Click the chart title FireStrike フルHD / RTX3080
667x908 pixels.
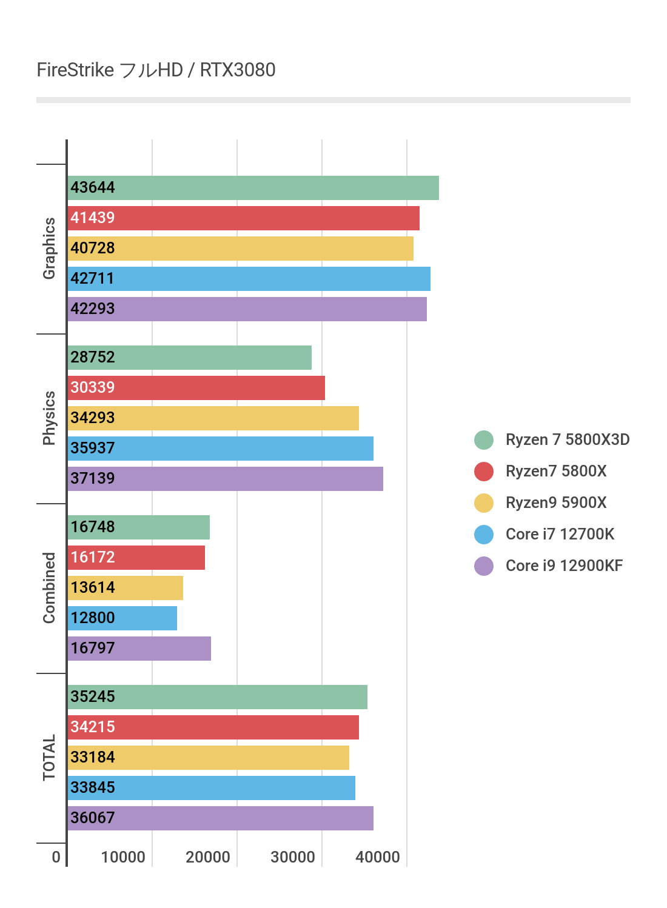tap(156, 70)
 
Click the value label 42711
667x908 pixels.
tap(92, 279)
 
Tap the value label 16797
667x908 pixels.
tap(92, 649)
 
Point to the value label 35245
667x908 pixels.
tap(92, 697)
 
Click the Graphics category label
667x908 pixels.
tap(49, 249)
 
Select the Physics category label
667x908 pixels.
tap(49, 418)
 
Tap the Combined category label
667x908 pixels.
tap(49, 588)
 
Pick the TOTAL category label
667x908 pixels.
tap(49, 758)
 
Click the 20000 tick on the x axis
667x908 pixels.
tap(208, 857)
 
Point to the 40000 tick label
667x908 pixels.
tap(378, 857)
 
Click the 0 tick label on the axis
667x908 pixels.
tap(56, 857)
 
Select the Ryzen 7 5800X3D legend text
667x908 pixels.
tap(568, 440)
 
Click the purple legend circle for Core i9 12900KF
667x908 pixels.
tap(484, 566)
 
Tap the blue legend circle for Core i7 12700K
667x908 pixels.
tap(484, 535)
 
